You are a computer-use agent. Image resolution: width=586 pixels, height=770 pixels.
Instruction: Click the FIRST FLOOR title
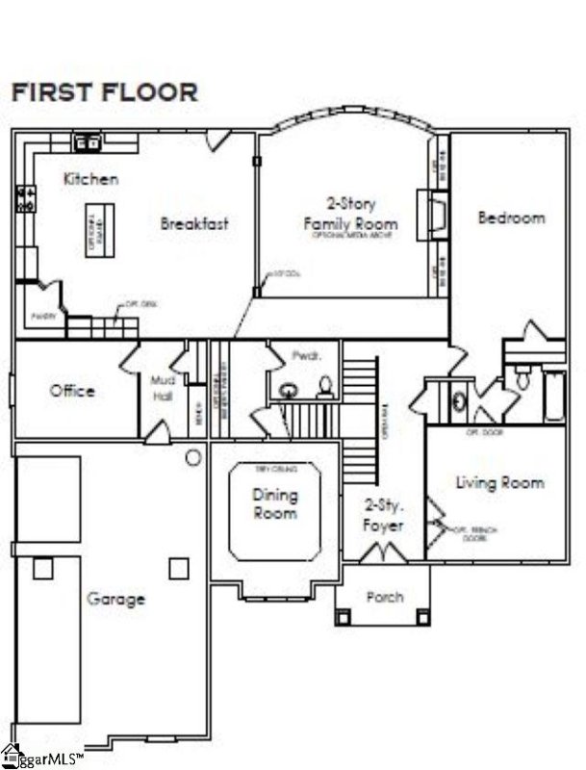point(104,92)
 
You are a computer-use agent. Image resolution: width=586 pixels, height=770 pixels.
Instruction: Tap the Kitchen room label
point(91,179)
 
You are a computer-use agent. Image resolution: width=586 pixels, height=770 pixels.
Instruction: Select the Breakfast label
point(194,223)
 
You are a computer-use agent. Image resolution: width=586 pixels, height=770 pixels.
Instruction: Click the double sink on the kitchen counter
point(91,143)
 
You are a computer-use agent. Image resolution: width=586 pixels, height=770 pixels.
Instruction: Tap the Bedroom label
point(511,218)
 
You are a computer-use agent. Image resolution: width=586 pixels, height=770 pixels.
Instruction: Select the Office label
point(72,391)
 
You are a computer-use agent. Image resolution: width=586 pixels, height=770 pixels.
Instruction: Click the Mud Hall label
point(161,388)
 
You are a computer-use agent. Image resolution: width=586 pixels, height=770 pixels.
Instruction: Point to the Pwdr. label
point(303,356)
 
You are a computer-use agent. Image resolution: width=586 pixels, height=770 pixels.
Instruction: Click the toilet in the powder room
point(324,387)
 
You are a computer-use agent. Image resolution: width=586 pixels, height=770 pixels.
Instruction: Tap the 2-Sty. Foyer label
point(383,515)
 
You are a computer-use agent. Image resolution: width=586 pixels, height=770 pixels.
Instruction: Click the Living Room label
point(499,482)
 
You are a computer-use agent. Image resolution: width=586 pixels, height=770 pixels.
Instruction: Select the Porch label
point(385,597)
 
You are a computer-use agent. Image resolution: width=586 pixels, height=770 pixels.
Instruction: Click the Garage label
point(115,599)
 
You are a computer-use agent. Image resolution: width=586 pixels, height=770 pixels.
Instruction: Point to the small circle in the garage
point(192,456)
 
